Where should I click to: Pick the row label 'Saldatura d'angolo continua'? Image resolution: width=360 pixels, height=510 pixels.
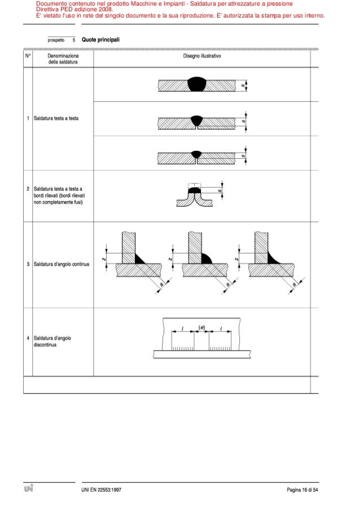pos(62,264)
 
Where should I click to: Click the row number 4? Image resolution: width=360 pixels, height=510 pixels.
pos(28,338)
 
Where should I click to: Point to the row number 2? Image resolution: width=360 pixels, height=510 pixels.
pos(28,189)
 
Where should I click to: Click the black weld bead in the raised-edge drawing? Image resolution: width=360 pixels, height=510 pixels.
pos(194,191)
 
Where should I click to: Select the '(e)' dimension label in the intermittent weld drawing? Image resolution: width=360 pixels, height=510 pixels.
pos(201,327)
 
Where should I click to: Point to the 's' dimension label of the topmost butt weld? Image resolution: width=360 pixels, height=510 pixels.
pos(243,85)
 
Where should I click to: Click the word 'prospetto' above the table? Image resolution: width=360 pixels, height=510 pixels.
pos(56,41)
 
